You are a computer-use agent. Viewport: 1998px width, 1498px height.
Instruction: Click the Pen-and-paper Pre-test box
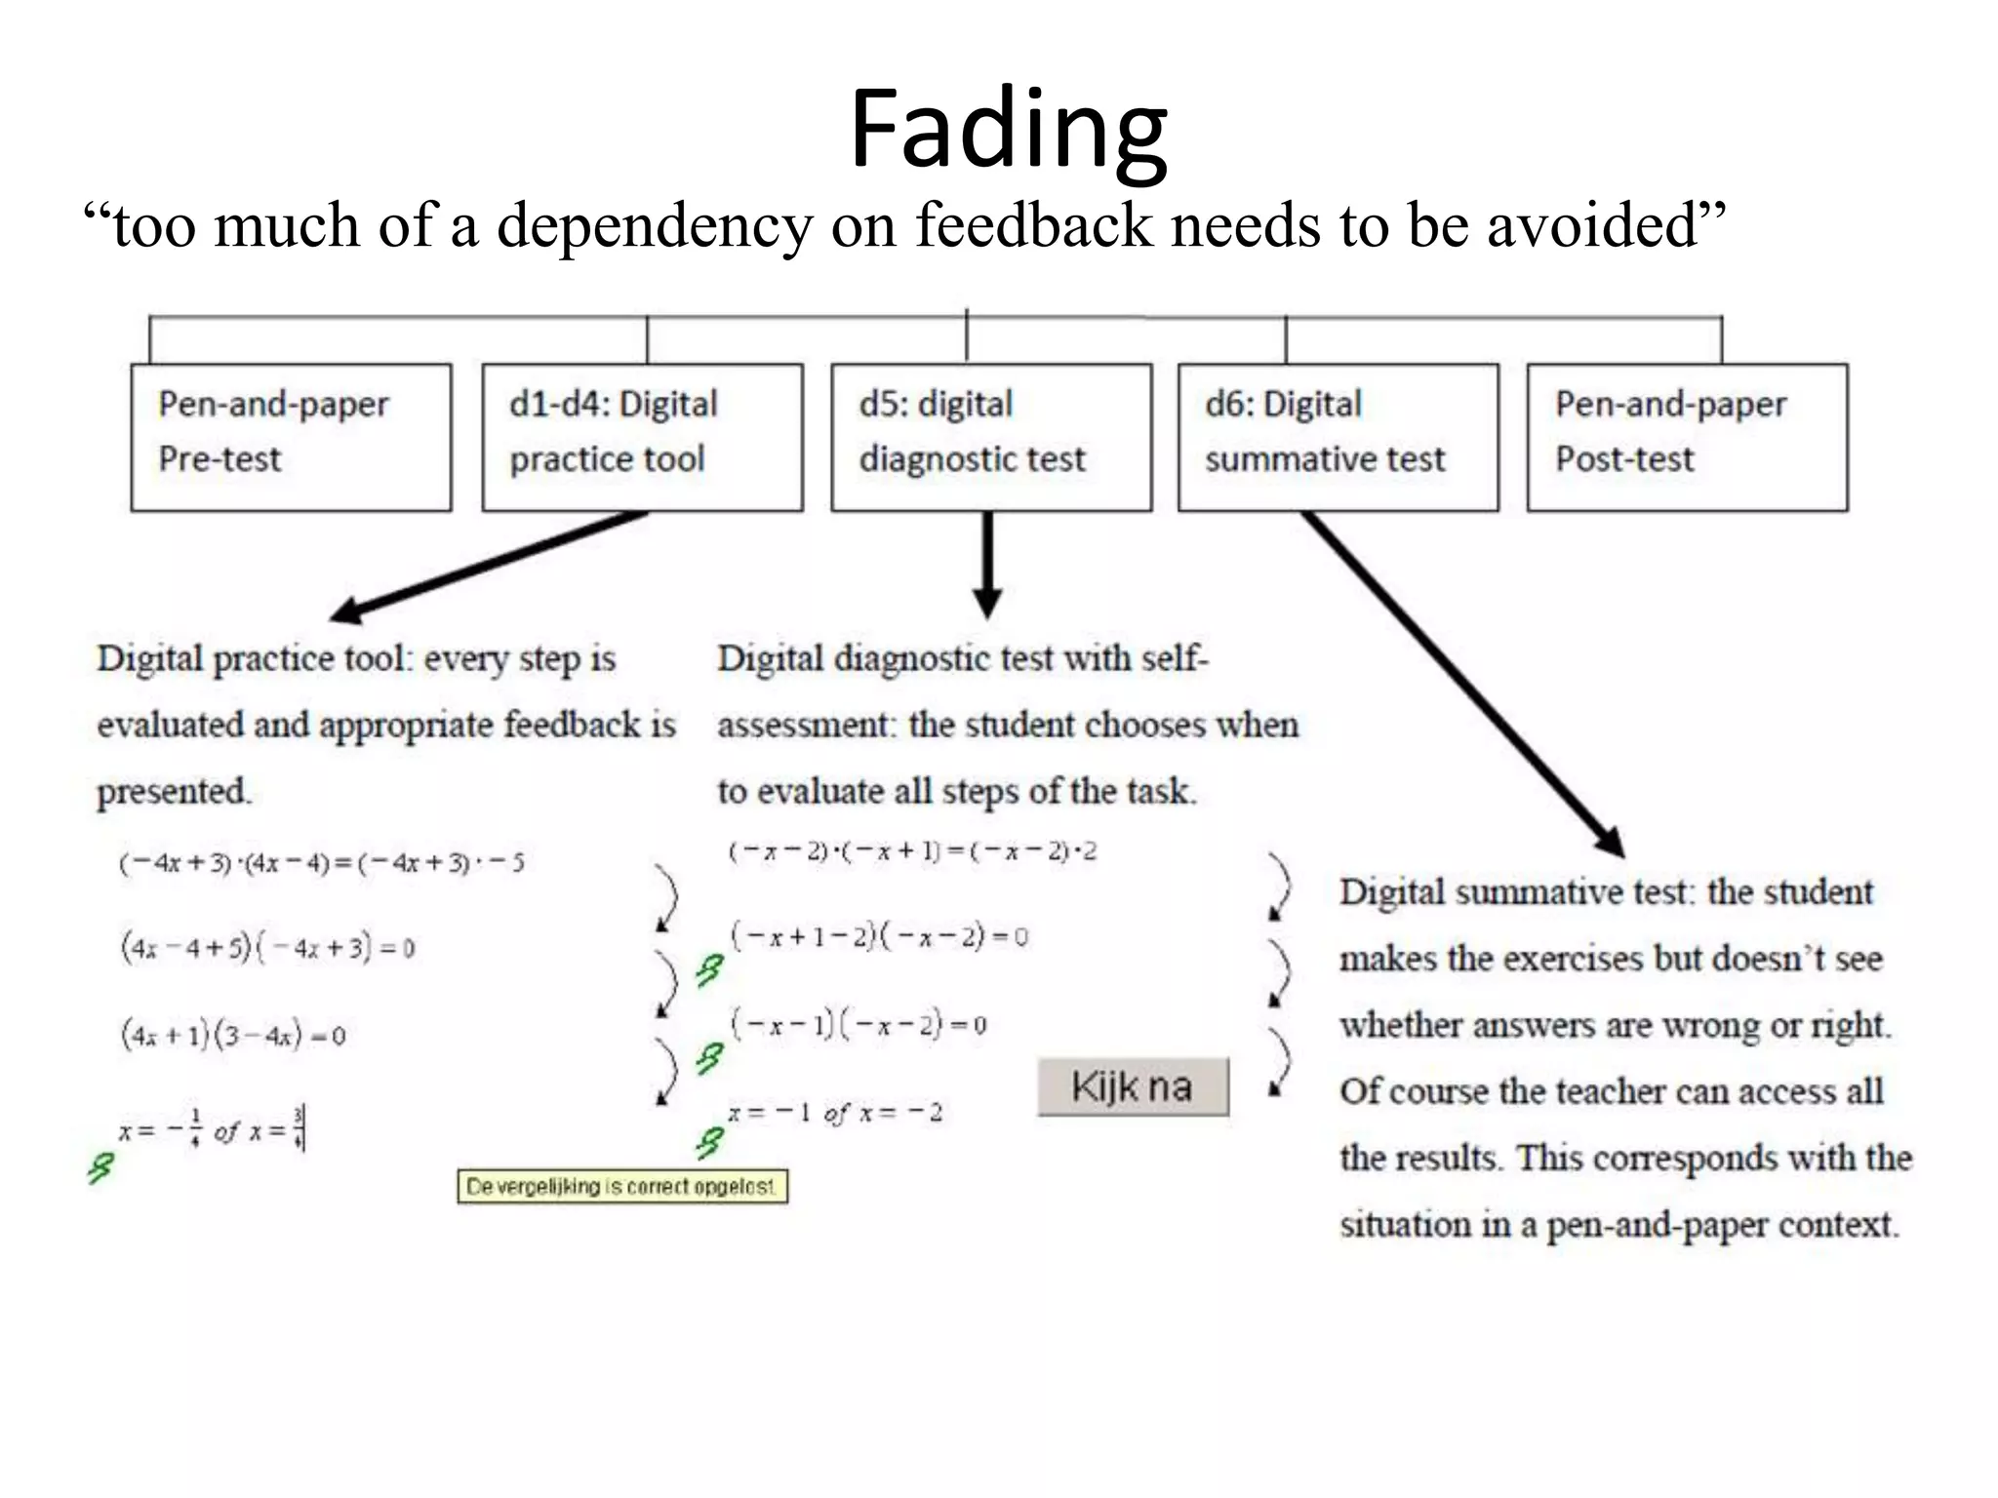click(x=291, y=437)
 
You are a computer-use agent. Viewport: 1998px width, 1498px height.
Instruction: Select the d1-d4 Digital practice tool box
click(x=642, y=437)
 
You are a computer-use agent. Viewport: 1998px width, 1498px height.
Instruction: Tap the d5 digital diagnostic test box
click(x=991, y=437)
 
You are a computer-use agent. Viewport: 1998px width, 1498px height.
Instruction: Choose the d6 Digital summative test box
click(x=1338, y=437)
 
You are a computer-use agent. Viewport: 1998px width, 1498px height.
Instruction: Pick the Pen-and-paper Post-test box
click(x=1687, y=437)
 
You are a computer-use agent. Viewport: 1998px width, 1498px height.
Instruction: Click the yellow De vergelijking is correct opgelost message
click(x=622, y=1186)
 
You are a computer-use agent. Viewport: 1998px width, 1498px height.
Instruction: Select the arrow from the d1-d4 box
click(x=488, y=566)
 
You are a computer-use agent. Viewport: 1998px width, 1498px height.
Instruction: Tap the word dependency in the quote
click(x=654, y=226)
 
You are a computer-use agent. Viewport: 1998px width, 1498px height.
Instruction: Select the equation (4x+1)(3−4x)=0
click(x=233, y=1034)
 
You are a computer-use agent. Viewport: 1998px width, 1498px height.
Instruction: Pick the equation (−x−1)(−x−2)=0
click(x=859, y=1024)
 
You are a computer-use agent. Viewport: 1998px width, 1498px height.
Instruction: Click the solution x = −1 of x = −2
click(x=835, y=1113)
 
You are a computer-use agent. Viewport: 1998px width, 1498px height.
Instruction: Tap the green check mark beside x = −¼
click(x=100, y=1167)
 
